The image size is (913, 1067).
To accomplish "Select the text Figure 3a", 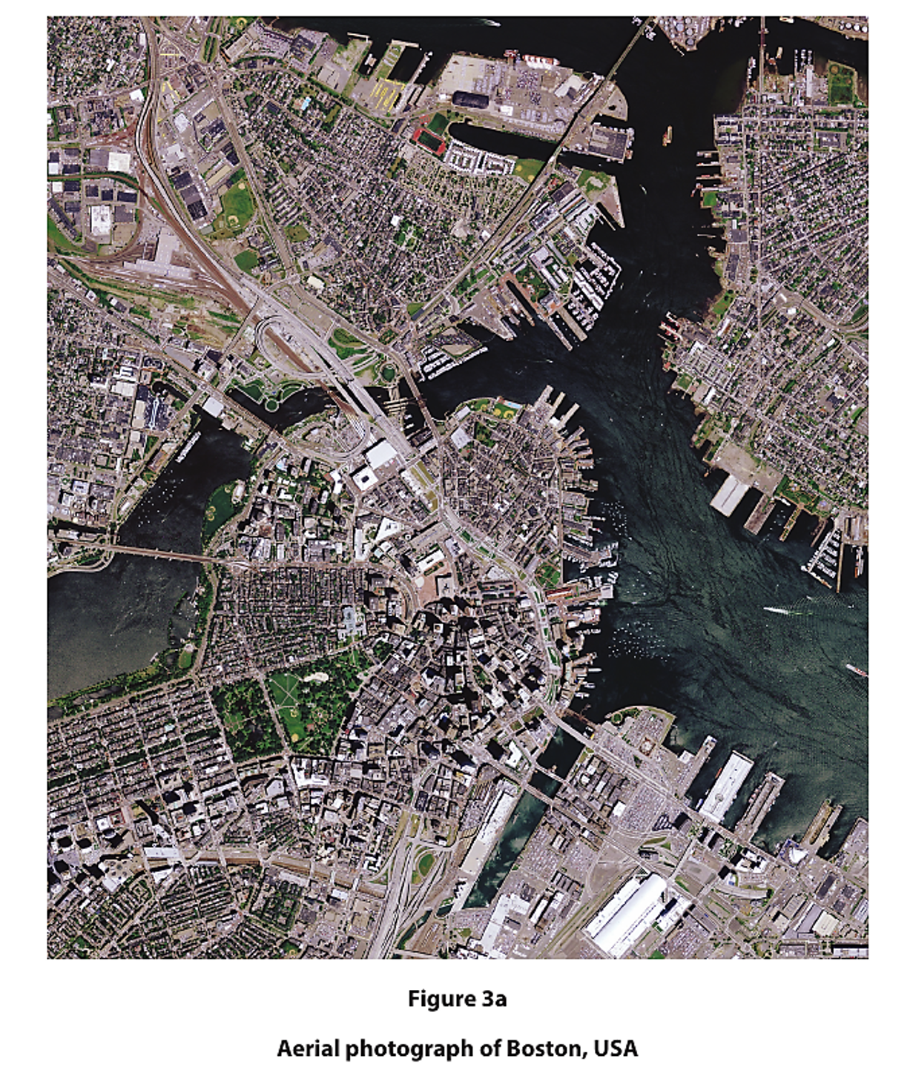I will [457, 999].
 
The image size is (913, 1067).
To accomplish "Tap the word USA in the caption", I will [616, 1048].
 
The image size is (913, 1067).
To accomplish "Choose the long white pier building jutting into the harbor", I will [728, 784].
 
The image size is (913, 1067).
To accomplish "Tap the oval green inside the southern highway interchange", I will [424, 864].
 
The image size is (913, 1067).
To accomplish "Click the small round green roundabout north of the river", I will [387, 372].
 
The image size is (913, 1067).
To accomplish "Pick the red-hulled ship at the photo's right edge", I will [856, 670].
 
